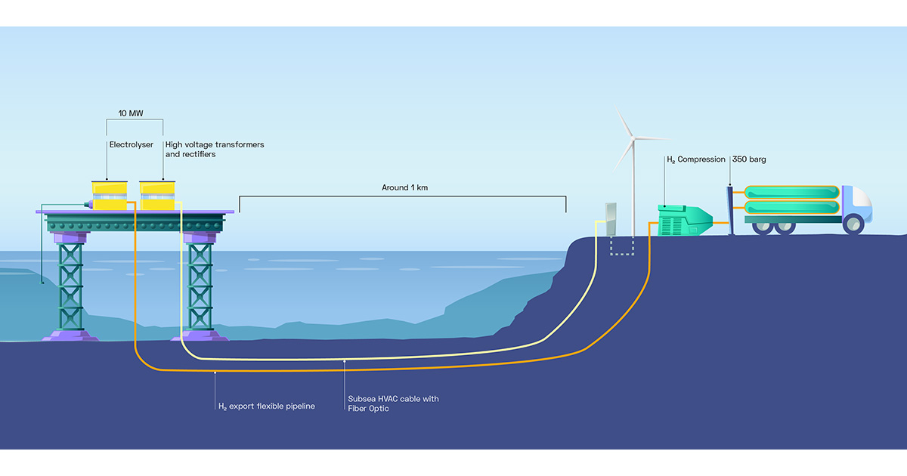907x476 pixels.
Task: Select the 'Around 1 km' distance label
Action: pyautogui.click(x=404, y=187)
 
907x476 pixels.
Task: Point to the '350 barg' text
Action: pyautogui.click(x=749, y=159)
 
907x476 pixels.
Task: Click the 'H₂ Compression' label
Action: pyautogui.click(x=695, y=159)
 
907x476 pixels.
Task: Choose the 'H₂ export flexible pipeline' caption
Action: pyautogui.click(x=266, y=406)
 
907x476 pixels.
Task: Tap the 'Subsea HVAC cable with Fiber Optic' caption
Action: pyautogui.click(x=392, y=403)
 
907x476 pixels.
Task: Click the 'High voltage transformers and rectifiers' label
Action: pyautogui.click(x=214, y=149)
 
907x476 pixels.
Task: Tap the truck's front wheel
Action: pyautogui.click(x=853, y=224)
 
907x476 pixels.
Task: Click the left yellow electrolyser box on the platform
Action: pyautogui.click(x=111, y=196)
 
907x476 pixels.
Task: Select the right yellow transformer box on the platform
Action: pyautogui.click(x=158, y=196)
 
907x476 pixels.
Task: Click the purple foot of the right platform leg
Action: pyautogui.click(x=200, y=333)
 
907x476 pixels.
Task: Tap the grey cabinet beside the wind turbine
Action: pyautogui.click(x=611, y=218)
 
